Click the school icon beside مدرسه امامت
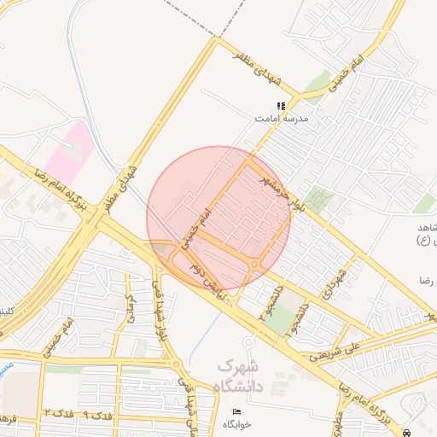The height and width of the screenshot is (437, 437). click(281, 107)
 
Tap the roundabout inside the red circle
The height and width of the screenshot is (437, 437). click(256, 264)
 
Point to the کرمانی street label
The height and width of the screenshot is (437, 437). click(131, 307)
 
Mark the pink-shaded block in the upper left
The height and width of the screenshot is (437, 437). click(67, 149)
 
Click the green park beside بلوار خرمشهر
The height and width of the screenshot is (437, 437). click(319, 200)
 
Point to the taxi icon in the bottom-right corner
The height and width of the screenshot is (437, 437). click(408, 432)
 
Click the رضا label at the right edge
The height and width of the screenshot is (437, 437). click(423, 280)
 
